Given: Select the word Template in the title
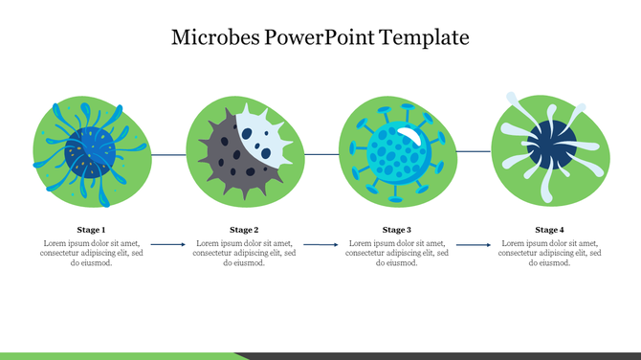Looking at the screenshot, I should click(424, 38).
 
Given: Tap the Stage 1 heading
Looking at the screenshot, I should click(91, 230).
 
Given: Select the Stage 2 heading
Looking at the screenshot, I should click(244, 230).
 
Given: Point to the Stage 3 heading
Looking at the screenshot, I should click(397, 230).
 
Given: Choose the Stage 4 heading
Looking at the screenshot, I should click(549, 230).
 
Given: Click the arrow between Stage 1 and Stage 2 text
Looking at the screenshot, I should click(168, 245).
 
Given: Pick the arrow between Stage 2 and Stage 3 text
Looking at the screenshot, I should click(320, 245).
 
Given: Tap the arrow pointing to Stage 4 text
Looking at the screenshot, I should click(474, 245).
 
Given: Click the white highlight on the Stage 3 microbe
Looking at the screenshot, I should click(409, 134).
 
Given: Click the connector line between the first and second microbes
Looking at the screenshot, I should click(168, 153).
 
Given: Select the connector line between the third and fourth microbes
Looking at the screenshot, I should click(474, 151).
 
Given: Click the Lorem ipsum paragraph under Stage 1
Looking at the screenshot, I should click(91, 254).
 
